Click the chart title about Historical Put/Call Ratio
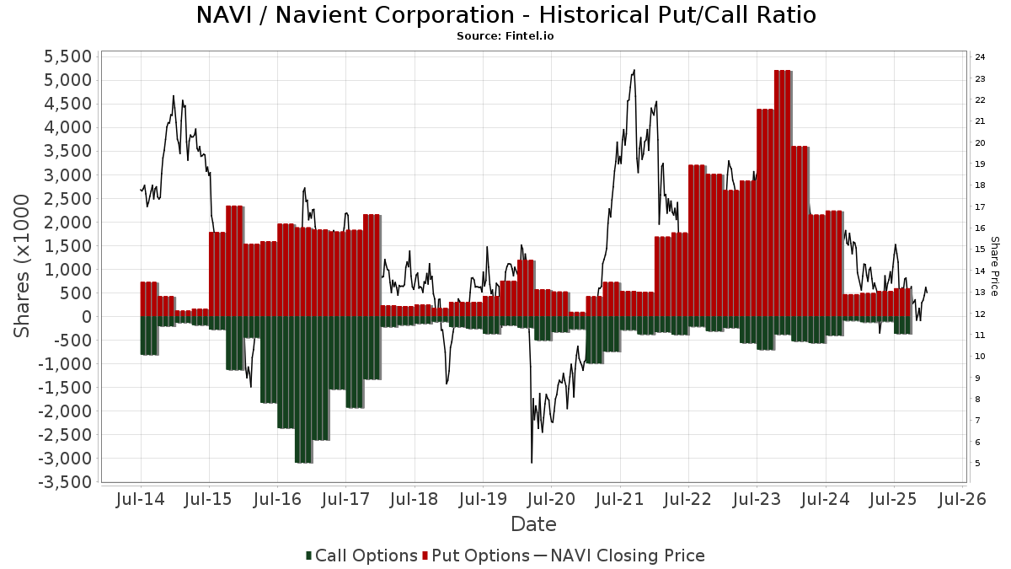pos(505,15)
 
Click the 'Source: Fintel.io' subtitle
pos(505,36)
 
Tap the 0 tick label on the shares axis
pos(85,317)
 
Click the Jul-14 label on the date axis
pos(140,499)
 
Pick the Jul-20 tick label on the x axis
pos(551,499)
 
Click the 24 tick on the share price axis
pos(980,57)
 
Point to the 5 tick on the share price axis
pos(977,464)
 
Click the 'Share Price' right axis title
pos(994,266)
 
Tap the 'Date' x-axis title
pos(533,524)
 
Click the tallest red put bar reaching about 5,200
pos(782,194)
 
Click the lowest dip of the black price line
pos(532,462)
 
